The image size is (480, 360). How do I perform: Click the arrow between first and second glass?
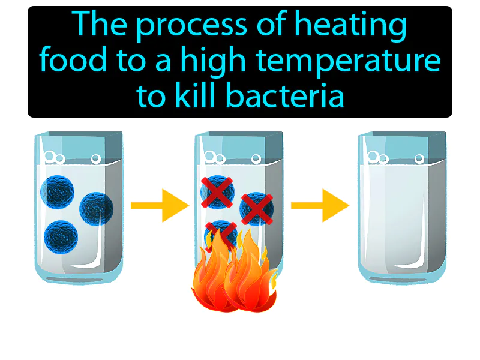pyautogui.click(x=159, y=206)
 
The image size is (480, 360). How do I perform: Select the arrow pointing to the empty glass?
pyautogui.click(x=320, y=206)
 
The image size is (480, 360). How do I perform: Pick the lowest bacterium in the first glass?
pyautogui.click(x=62, y=235)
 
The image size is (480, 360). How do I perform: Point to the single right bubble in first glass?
pyautogui.click(x=95, y=159)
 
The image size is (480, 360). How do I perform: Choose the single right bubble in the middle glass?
pyautogui.click(x=256, y=159)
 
